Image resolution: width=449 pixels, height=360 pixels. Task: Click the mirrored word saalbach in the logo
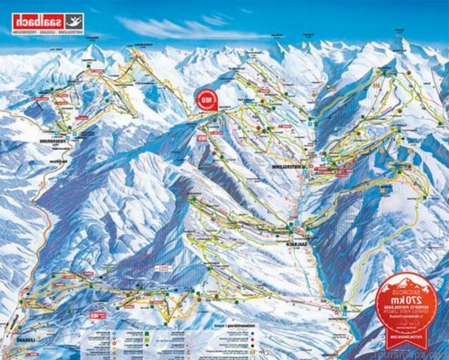coord(36,21)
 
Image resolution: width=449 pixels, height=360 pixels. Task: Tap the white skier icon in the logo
coord(72,21)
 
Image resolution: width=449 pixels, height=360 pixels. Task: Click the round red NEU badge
coord(206,99)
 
